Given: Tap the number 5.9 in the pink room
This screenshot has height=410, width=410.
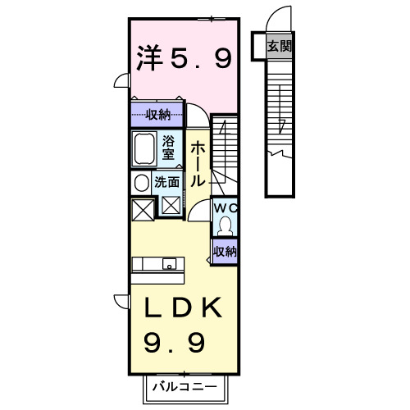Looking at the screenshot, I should [201, 58].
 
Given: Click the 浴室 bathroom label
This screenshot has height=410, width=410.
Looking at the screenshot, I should [168, 147].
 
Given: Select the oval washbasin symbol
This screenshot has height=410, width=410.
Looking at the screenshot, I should [140, 182].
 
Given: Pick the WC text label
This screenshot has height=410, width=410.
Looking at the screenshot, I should [224, 208].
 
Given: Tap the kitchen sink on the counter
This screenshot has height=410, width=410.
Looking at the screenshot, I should [169, 264].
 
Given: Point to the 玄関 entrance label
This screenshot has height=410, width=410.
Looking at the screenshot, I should [279, 47].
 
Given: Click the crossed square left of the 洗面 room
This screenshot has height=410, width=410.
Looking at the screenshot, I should [140, 208].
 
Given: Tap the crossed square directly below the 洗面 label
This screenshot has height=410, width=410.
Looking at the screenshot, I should [171, 206].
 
